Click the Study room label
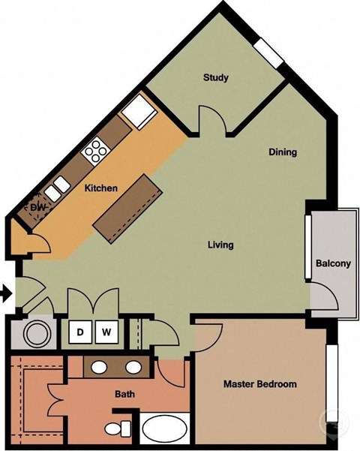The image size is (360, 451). tap(215, 77)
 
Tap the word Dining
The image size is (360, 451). tap(283, 152)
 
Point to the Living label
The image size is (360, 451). tap(220, 245)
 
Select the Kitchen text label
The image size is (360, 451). tap(100, 188)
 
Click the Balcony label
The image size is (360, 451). tap(333, 263)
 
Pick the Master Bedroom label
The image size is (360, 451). tap(259, 384)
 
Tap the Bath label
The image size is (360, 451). tap(124, 394)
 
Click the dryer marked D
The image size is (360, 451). tap(80, 330)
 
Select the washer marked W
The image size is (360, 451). tap(106, 330)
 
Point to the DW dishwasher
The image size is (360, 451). tap(35, 207)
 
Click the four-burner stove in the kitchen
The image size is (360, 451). tap(97, 151)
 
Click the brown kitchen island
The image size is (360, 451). tap(129, 208)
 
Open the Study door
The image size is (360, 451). tap(211, 120)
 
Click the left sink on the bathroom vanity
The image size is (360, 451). tap(100, 367)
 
